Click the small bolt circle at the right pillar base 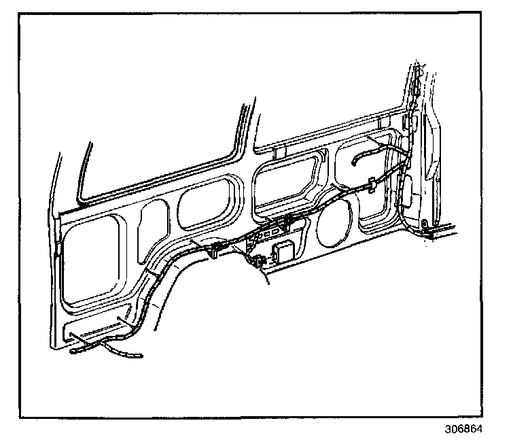pyautogui.click(x=424, y=223)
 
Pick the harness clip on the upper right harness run pyautogui.click(x=372, y=184)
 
